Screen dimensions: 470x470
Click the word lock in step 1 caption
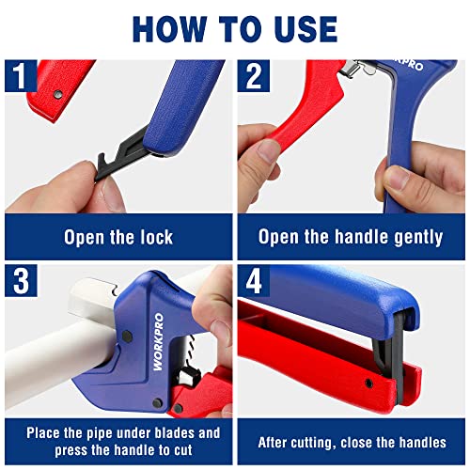152,237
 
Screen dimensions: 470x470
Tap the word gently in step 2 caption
410,237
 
